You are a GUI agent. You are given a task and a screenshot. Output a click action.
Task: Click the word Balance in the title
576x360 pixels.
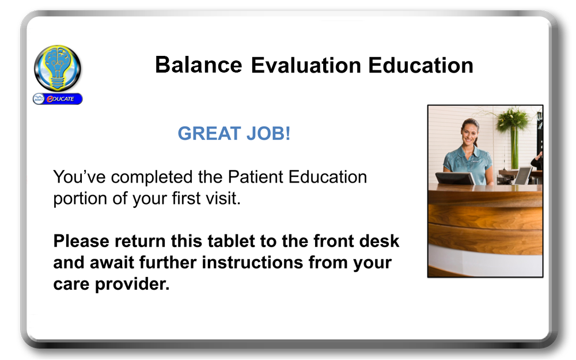coord(198,66)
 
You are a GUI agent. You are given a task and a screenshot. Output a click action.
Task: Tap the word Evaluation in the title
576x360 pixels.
coord(306,66)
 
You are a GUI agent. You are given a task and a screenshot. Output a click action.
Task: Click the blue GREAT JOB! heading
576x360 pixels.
coord(234,134)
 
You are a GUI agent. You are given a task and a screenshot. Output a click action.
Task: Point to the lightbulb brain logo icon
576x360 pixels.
coord(58,69)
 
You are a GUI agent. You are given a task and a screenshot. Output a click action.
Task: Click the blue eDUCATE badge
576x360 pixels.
coord(58,99)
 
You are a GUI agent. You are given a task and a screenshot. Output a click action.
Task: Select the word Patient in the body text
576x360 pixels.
coord(256,177)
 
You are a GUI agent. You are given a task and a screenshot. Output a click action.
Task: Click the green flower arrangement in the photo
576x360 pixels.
coord(512,119)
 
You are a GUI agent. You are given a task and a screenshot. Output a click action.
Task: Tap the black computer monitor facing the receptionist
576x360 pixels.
coord(455,179)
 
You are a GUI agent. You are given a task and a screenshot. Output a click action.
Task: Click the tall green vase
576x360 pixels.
coord(514,147)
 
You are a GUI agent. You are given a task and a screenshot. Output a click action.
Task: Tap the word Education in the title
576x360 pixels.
coord(420,66)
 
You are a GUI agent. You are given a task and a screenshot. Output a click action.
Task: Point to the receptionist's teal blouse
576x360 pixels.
coord(468,164)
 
